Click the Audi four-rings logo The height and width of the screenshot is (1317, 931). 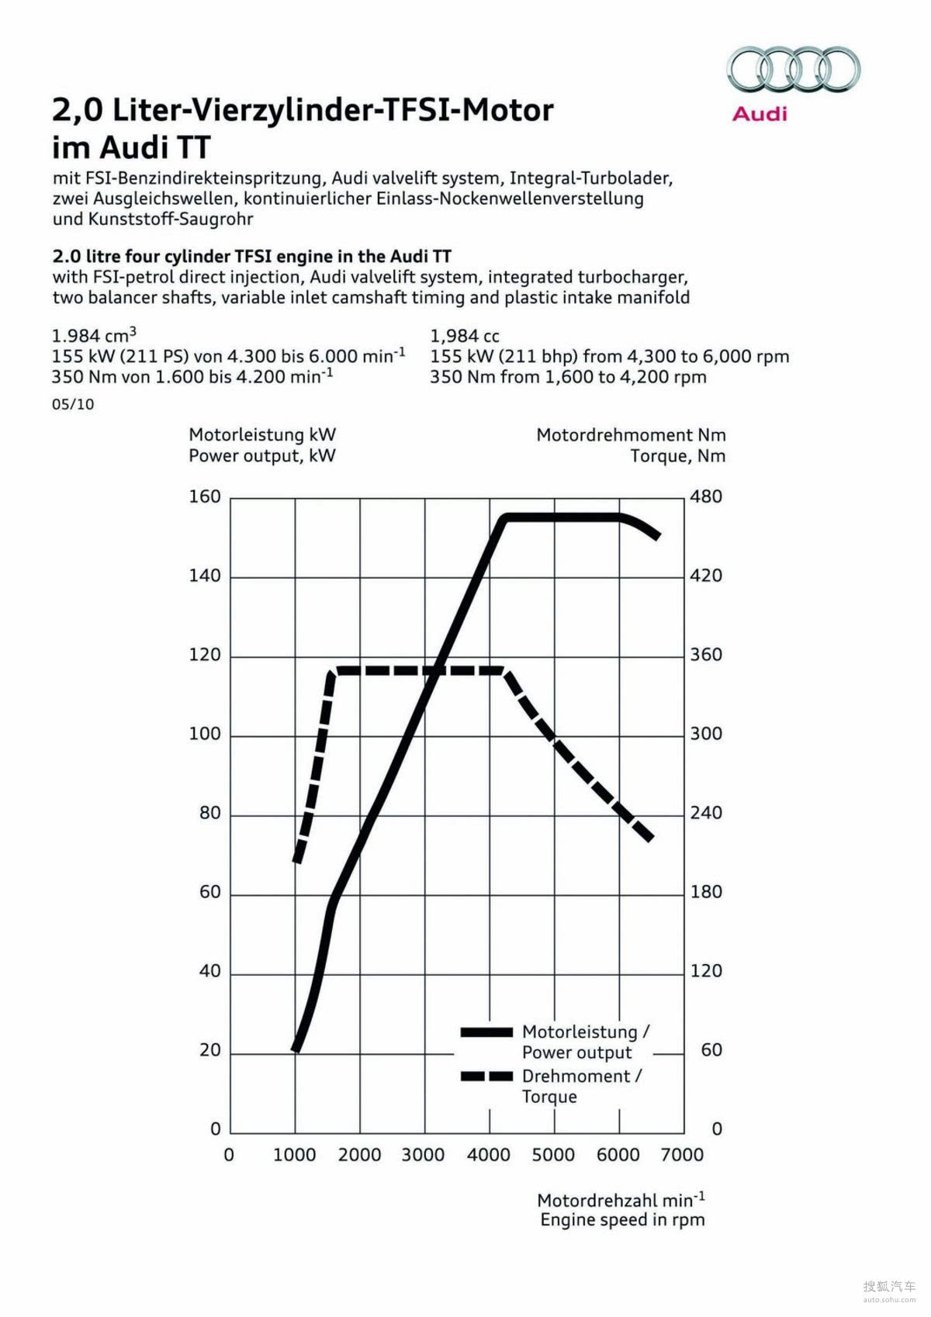click(793, 69)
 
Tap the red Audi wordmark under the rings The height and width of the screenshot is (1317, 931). click(760, 114)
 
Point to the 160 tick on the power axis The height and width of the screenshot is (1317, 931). click(205, 496)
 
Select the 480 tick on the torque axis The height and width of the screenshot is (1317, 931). click(706, 496)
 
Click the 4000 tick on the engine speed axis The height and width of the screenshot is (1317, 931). click(488, 1155)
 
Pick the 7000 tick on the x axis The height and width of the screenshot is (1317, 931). click(682, 1155)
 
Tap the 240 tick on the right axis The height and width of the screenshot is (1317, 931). click(706, 813)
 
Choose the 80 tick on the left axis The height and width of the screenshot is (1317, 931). click(209, 813)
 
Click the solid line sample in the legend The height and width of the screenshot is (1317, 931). click(486, 1032)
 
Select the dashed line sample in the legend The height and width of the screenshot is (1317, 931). click(486, 1077)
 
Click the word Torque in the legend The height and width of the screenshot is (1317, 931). click(549, 1097)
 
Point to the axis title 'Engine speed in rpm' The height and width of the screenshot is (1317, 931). click(622, 1220)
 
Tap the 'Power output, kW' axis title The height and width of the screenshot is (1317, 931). click(262, 456)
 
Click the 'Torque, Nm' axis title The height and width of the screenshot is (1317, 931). click(677, 456)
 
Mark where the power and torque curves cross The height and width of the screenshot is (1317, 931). click(438, 670)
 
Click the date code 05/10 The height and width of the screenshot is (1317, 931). click(73, 404)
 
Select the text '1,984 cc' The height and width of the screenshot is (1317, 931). click(465, 336)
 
